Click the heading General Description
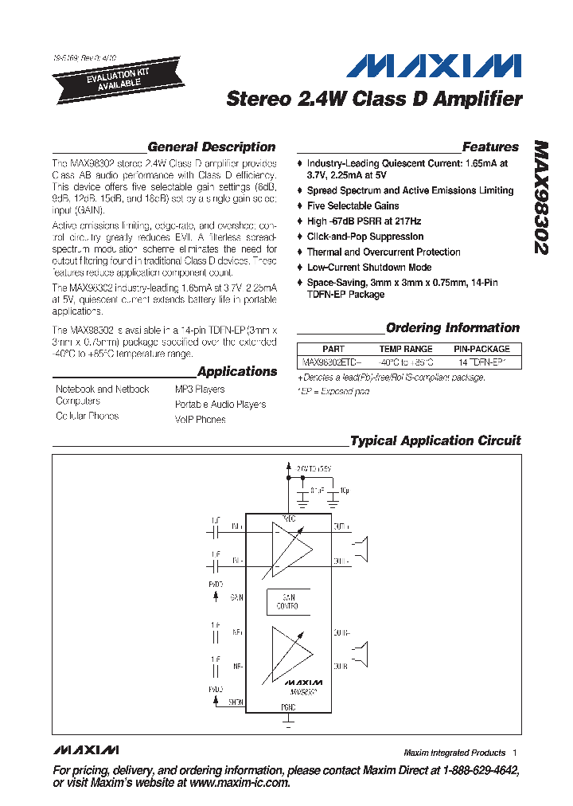[211, 147]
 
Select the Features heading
[490, 147]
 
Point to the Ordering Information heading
[452, 328]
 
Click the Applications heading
[237, 372]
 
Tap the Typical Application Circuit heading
[435, 440]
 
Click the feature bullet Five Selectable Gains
[341, 205]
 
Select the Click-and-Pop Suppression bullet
[364, 237]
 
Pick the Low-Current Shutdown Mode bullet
[368, 268]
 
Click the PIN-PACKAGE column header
[481, 349]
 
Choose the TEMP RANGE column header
[406, 349]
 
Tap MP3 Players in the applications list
[200, 389]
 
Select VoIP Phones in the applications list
[200, 420]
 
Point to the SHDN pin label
[236, 702]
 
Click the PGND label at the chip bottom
[288, 707]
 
